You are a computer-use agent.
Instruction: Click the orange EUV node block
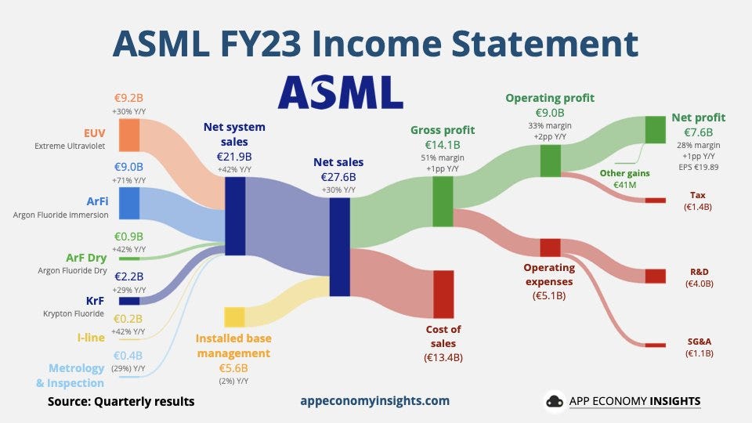pyautogui.click(x=129, y=135)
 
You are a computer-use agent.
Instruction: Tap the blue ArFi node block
pyautogui.click(x=129, y=204)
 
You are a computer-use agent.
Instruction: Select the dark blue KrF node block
pyautogui.click(x=129, y=301)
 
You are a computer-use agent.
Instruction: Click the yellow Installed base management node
pyautogui.click(x=234, y=317)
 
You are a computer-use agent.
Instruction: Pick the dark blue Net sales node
pyautogui.click(x=339, y=247)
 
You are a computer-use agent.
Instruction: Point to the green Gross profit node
pyautogui.click(x=443, y=201)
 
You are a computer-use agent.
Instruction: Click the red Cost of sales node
pyautogui.click(x=443, y=294)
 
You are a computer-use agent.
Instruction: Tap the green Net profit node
pyautogui.click(x=655, y=129)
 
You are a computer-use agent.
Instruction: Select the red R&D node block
pyautogui.click(x=655, y=277)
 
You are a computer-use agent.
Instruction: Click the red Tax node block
pyautogui.click(x=655, y=201)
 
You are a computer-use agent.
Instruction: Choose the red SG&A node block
pyautogui.click(x=655, y=345)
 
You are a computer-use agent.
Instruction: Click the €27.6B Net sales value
pyautogui.click(x=338, y=177)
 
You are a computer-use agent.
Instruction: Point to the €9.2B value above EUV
pyautogui.click(x=128, y=98)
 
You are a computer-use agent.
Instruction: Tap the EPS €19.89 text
pyautogui.click(x=698, y=167)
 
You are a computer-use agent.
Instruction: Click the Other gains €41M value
pyautogui.click(x=625, y=185)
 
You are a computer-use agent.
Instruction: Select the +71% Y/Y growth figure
pyautogui.click(x=128, y=180)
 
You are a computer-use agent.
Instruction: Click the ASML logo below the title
pyautogui.click(x=341, y=92)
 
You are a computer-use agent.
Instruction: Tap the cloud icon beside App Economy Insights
pyautogui.click(x=555, y=401)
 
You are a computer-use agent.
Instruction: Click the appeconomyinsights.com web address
pyautogui.click(x=375, y=401)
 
